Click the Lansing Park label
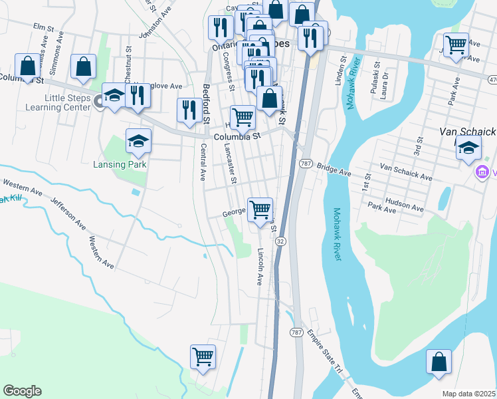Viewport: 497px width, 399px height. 130,164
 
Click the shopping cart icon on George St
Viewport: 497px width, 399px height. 260,210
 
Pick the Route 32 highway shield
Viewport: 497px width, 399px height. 281,241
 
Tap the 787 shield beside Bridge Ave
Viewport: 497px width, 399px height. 306,164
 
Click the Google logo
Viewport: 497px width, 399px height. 22,391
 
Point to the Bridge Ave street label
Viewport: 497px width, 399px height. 334,170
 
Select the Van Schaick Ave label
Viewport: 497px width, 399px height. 406,172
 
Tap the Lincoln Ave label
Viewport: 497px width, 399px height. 260,267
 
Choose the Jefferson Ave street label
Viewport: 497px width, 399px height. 68,212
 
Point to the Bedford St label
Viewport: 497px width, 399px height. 206,104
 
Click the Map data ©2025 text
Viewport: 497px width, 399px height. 468,394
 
